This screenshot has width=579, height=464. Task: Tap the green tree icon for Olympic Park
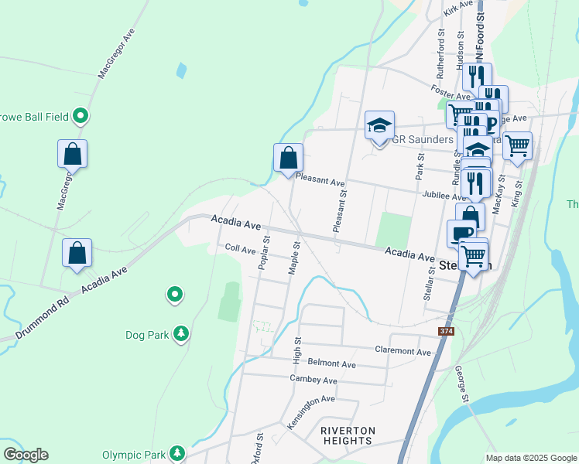pyautogui.click(x=178, y=452)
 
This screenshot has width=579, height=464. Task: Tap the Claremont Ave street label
pyautogui.click(x=402, y=351)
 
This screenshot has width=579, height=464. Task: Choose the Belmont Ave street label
pyautogui.click(x=331, y=363)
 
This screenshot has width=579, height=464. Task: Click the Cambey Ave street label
pyautogui.click(x=313, y=380)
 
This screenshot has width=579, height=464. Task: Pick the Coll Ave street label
pyautogui.click(x=240, y=250)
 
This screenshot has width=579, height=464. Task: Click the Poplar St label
pyautogui.click(x=264, y=253)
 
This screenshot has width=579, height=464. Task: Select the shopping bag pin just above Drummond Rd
pyautogui.click(x=77, y=252)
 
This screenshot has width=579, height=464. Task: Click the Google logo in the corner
pyautogui.click(x=26, y=455)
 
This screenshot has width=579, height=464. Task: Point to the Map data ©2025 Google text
pyautogui.click(x=531, y=458)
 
